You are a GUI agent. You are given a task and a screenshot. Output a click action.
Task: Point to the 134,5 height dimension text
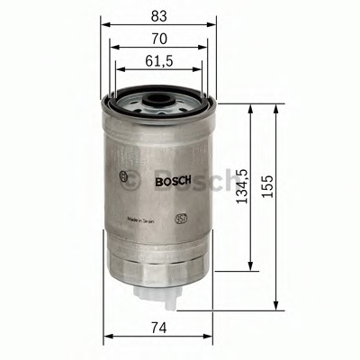tap(240, 184)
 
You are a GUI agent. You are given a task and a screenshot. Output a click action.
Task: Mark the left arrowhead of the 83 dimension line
tap(104, 23)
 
